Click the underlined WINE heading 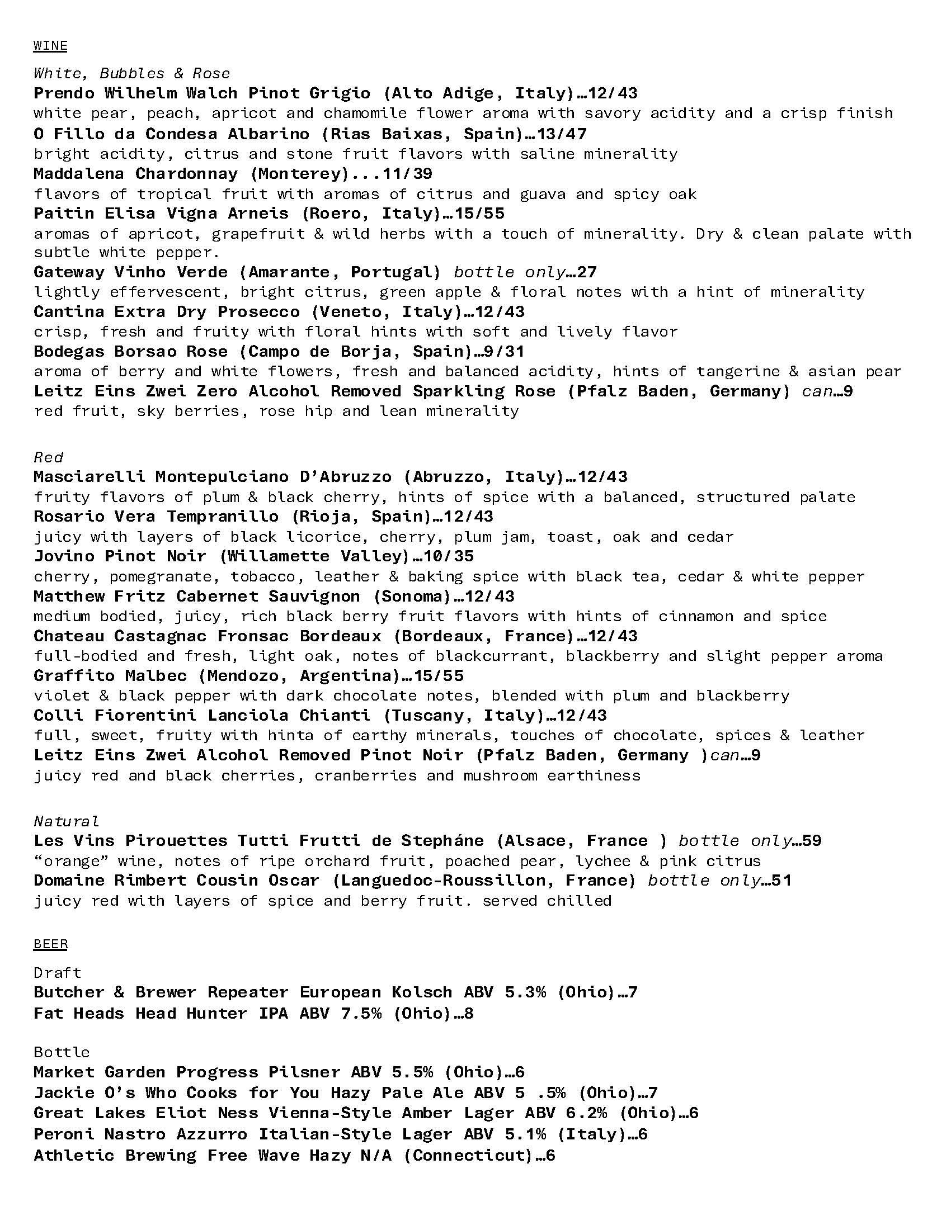coord(50,46)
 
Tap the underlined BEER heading coord(50,944)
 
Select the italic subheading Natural coord(66,821)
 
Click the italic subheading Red coord(49,457)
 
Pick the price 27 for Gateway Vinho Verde coord(586,272)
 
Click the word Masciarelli coord(90,477)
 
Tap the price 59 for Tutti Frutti coord(811,841)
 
